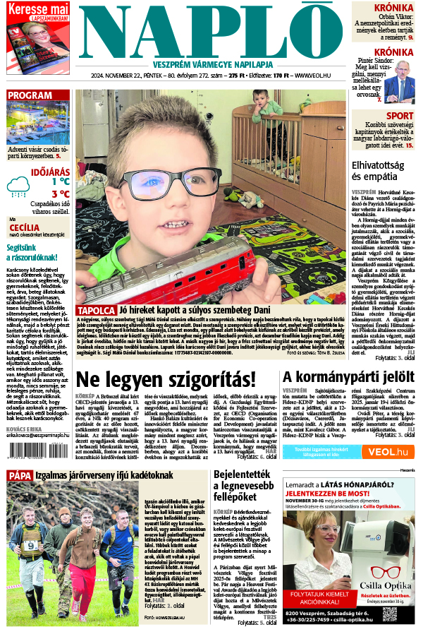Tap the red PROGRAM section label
pyautogui.click(x=30, y=95)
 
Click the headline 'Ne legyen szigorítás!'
pyautogui.click(x=166, y=378)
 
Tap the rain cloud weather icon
pyautogui.click(x=18, y=186)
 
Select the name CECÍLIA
pyautogui.click(x=23, y=227)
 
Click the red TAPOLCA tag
pyautogui.click(x=96, y=311)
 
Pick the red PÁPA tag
pyautogui.click(x=19, y=475)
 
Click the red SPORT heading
pyautogui.click(x=400, y=116)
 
